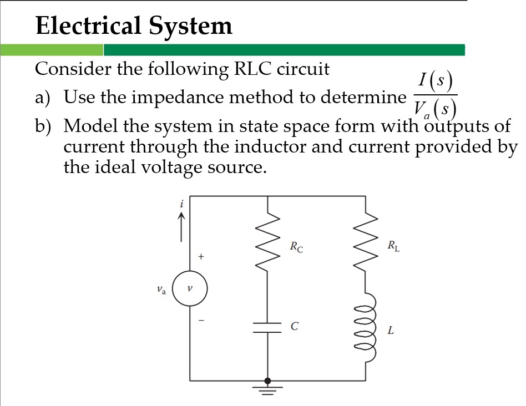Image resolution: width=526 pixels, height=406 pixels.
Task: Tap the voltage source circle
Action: [190, 288]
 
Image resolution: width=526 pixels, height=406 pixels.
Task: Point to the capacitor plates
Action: [268, 327]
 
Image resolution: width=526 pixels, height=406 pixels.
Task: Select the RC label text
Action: [296, 247]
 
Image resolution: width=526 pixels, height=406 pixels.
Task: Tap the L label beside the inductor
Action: [391, 331]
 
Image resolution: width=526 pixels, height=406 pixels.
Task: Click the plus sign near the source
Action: [202, 257]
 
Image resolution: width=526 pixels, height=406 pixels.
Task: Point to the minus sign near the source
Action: [202, 321]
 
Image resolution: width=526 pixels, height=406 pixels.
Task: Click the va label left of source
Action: [161, 289]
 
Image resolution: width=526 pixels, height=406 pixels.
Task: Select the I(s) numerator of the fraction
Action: [435, 82]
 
